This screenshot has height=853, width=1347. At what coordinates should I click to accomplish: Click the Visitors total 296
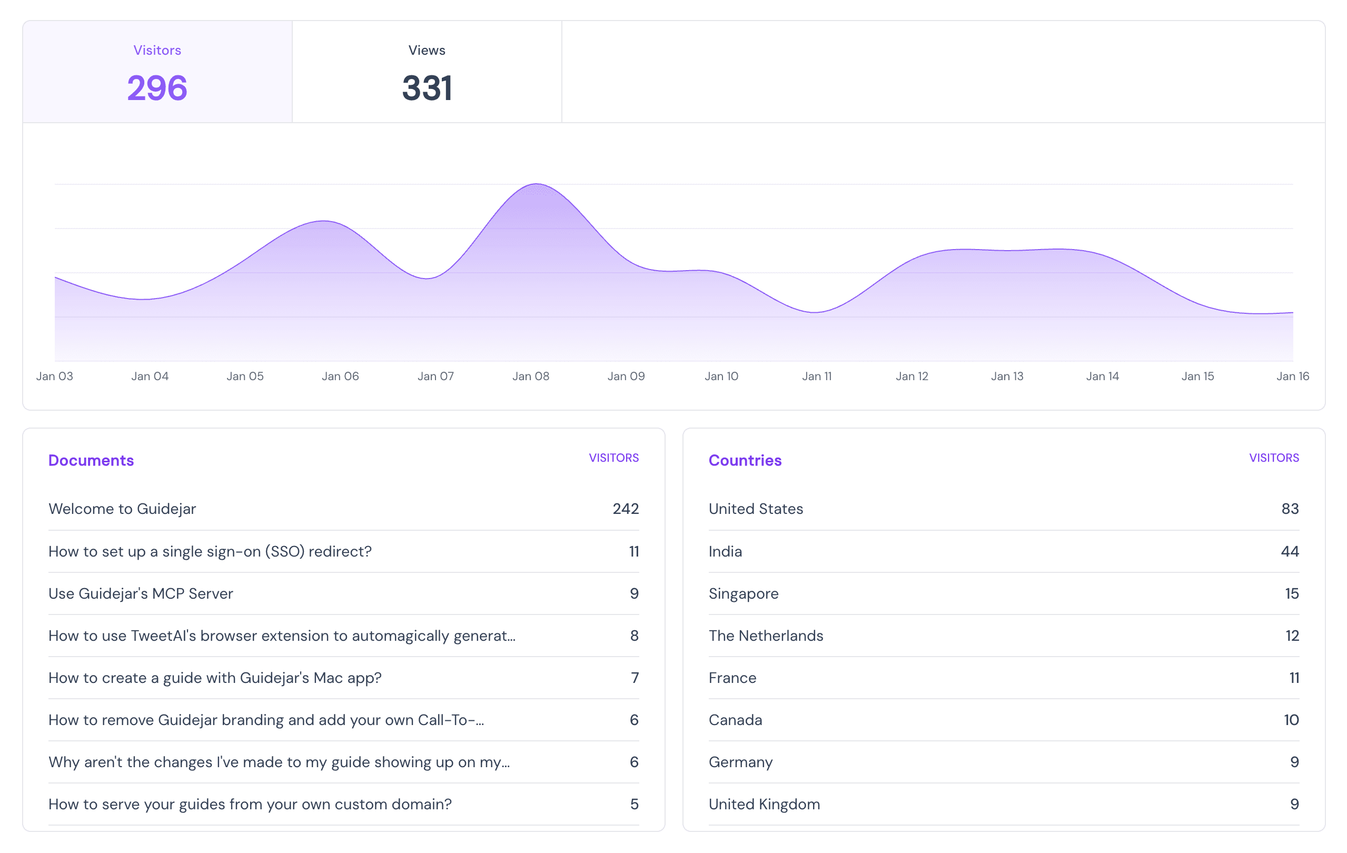pos(157,88)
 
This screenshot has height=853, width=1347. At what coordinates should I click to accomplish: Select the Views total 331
pos(427,88)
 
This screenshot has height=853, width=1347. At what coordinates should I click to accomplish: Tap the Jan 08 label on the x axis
pos(531,376)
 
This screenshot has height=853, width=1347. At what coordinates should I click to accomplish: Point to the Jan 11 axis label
pos(817,376)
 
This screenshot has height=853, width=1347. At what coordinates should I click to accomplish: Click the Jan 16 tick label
pos(1293,376)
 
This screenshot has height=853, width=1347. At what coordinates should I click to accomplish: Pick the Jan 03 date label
pos(55,376)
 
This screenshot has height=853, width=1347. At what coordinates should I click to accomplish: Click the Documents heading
pos(91,460)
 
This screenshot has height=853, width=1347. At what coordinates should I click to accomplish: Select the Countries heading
pos(745,460)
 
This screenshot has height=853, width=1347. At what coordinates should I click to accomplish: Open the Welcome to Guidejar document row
pos(123,509)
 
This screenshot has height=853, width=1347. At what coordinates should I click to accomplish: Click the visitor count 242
pos(626,509)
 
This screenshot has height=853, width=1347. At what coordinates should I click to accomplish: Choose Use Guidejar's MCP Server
pos(141,593)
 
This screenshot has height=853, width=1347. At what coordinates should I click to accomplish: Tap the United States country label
pos(756,509)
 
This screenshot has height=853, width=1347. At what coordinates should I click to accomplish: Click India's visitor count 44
pos(1290,551)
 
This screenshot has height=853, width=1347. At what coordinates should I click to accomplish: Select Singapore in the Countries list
pos(744,593)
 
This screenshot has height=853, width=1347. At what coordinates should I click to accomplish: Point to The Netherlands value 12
pos(1292,636)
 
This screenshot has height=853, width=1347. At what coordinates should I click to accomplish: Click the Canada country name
pos(735,720)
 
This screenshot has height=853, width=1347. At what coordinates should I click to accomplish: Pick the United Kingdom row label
pos(764,805)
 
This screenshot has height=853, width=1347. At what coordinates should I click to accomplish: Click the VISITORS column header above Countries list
pos(1274,458)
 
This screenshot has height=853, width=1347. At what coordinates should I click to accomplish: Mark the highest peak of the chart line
pos(537,184)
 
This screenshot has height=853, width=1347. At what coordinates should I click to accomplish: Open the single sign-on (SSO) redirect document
pos(210,551)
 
